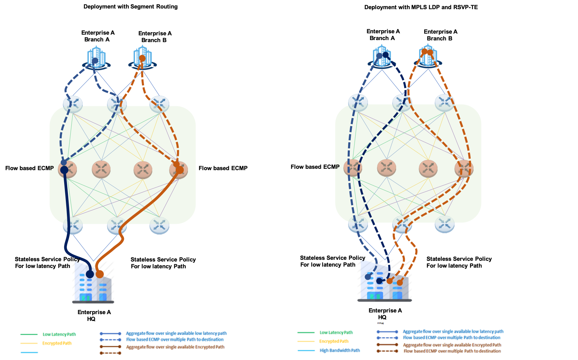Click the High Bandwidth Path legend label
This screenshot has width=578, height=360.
tap(340, 350)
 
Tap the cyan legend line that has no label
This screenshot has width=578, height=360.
tap(29, 353)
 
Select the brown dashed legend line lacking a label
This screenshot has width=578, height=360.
tap(110, 353)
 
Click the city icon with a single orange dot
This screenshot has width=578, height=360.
tap(143, 58)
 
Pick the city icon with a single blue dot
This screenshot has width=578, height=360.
tap(96, 58)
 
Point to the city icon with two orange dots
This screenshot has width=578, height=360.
tap(428, 56)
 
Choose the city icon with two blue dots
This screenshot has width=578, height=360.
tap(382, 56)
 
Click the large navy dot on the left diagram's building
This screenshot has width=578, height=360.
tap(90, 274)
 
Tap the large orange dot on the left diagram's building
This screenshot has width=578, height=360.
tap(100, 274)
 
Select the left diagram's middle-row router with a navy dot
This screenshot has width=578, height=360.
tap(67, 169)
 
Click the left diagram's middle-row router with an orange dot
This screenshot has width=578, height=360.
tap(179, 169)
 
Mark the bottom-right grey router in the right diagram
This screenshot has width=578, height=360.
tap(445, 224)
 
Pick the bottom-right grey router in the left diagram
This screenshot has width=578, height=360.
tap(159, 226)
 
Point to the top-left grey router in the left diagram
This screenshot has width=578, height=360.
tap(73, 104)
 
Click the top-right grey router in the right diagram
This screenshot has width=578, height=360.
tap(445, 102)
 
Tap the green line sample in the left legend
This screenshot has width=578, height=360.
tap(29, 335)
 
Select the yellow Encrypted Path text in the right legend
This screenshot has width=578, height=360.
tap(334, 341)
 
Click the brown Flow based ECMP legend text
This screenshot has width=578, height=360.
tap(452, 351)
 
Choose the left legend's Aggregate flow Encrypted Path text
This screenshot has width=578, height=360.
tap(175, 347)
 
